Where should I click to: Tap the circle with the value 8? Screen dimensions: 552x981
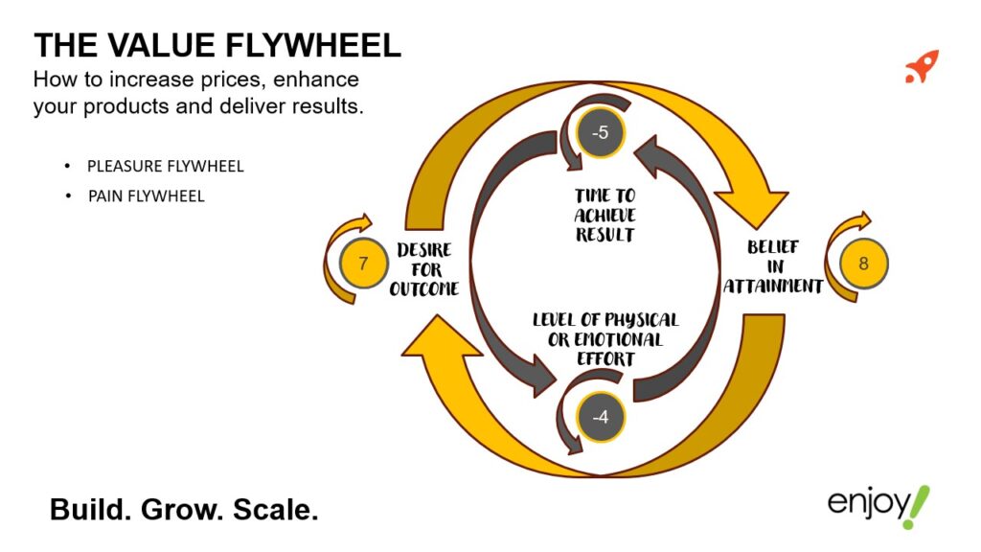(863, 263)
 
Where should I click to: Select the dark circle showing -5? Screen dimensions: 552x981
(601, 133)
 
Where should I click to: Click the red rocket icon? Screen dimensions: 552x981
(922, 66)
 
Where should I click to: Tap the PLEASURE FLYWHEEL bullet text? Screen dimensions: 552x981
(165, 166)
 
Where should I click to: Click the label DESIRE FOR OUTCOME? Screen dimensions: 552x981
(423, 269)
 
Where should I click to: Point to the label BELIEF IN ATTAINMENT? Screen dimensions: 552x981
(773, 267)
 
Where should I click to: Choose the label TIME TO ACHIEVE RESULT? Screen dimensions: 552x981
(605, 216)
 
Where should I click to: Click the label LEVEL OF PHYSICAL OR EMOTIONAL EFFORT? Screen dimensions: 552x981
(605, 338)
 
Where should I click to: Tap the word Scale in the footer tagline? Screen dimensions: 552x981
(279, 510)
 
